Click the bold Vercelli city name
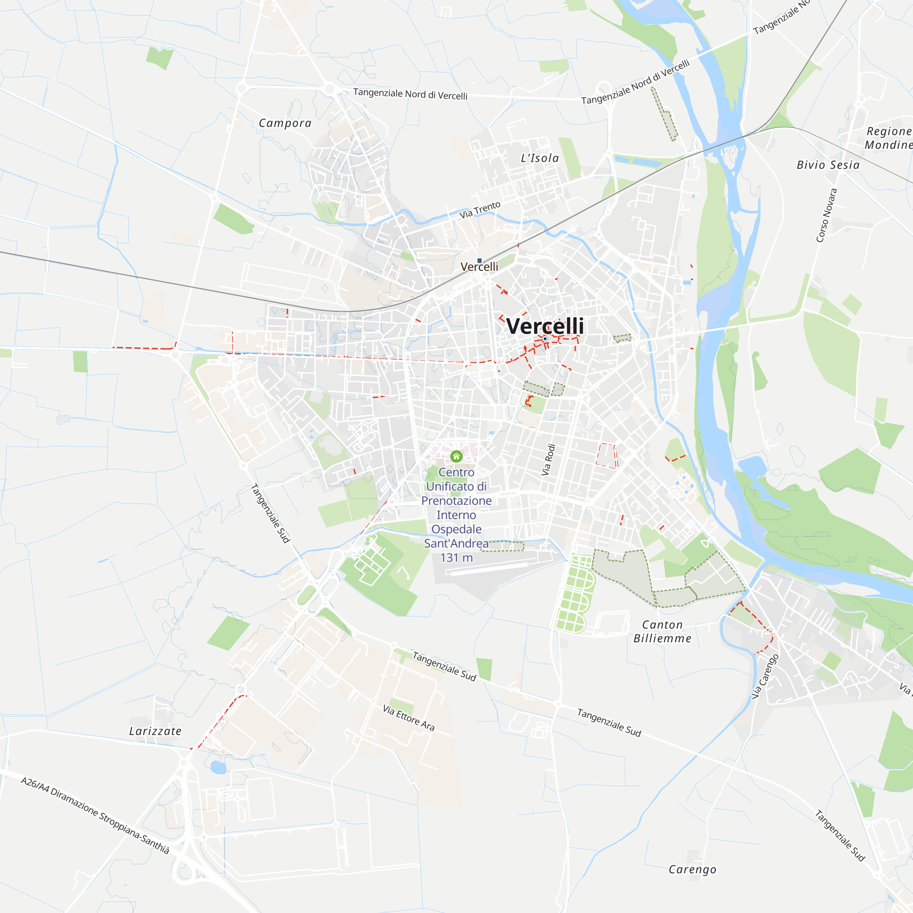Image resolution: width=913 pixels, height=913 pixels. pyautogui.click(x=545, y=326)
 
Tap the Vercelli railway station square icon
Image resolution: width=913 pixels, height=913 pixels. pyautogui.click(x=479, y=260)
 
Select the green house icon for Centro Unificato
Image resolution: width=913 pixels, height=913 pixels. pyautogui.click(x=456, y=456)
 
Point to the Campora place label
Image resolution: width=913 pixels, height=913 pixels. pyautogui.click(x=285, y=123)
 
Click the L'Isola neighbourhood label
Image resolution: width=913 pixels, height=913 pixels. pyautogui.click(x=540, y=158)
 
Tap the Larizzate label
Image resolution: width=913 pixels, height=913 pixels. pyautogui.click(x=156, y=731)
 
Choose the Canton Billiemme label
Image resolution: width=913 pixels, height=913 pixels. pyautogui.click(x=662, y=631)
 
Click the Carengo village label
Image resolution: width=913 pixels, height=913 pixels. pyautogui.click(x=693, y=870)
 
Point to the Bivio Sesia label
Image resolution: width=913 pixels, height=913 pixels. pyautogui.click(x=828, y=165)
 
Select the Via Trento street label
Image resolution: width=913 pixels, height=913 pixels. pyautogui.click(x=480, y=210)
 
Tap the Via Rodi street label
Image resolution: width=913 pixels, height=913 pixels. pyautogui.click(x=548, y=460)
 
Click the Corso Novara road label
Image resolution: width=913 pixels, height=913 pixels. pyautogui.click(x=827, y=215)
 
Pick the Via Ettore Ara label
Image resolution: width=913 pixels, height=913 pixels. pyautogui.click(x=408, y=717)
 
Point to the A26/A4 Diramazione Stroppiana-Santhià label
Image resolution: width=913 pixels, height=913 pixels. pyautogui.click(x=94, y=815)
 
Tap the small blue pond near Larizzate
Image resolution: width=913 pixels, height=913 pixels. pyautogui.click(x=218, y=767)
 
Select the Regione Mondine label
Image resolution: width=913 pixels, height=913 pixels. pyautogui.click(x=888, y=138)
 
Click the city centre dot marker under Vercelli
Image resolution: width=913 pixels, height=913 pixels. pyautogui.click(x=545, y=339)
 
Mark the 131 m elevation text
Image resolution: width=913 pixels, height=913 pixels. pyautogui.click(x=456, y=558)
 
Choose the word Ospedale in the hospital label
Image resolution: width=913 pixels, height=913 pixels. pyautogui.click(x=456, y=529)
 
